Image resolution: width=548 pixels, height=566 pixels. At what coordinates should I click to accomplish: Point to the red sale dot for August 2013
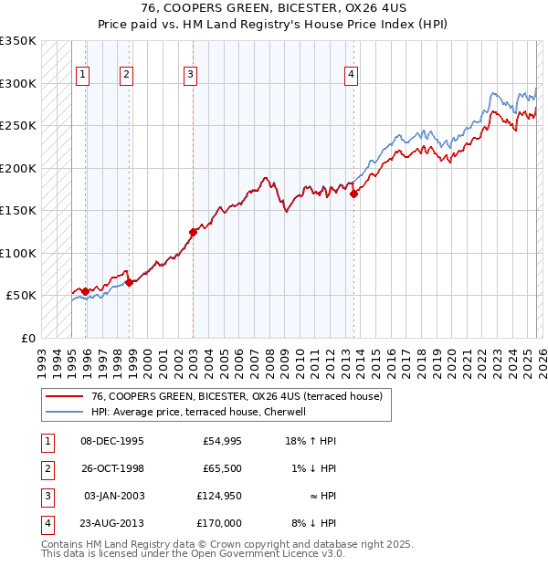pos(353,193)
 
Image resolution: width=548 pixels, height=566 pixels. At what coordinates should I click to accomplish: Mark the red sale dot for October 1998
pos(129,282)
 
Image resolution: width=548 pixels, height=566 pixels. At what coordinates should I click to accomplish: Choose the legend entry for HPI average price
pos(200,412)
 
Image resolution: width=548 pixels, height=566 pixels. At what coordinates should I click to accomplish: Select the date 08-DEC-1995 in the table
pos(112,441)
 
